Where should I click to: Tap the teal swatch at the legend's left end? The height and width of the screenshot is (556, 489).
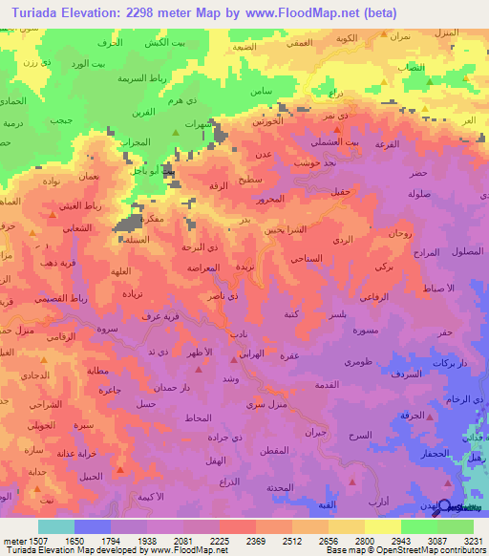click(55, 526)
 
